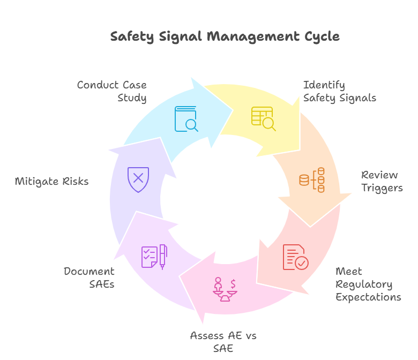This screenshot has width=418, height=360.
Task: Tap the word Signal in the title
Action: pyautogui.click(x=178, y=36)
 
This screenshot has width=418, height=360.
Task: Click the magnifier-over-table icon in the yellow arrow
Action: pyautogui.click(x=263, y=118)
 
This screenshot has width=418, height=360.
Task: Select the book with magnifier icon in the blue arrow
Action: pyautogui.click(x=186, y=119)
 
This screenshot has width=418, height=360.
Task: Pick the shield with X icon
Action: pyautogui.click(x=138, y=179)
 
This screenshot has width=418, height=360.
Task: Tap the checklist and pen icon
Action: pyautogui.click(x=154, y=257)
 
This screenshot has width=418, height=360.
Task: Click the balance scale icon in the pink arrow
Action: pyautogui.click(x=225, y=289)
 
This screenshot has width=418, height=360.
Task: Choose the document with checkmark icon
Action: pyautogui.click(x=295, y=257)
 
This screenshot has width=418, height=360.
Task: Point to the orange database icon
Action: pyautogui.click(x=312, y=180)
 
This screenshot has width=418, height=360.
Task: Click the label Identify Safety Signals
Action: pyautogui.click(x=339, y=91)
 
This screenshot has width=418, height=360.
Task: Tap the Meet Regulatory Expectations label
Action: pyautogui.click(x=368, y=284)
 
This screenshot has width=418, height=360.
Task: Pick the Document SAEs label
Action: pyautogui.click(x=89, y=277)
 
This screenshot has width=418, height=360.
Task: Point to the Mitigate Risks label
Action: pyautogui.click(x=51, y=181)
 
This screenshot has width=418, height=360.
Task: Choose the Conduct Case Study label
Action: pyautogui.click(x=112, y=91)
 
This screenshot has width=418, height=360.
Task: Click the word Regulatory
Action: pyautogui.click(x=364, y=284)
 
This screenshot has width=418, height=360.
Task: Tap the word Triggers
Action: pyautogui.click(x=382, y=187)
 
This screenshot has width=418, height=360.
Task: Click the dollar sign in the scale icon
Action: pyautogui.click(x=233, y=283)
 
